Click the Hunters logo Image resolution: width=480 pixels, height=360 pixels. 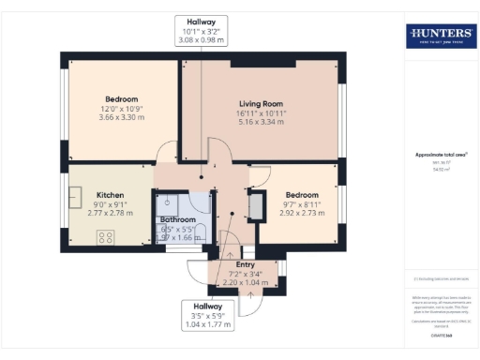click(440, 37)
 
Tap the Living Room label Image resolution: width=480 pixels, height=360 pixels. click(260, 103)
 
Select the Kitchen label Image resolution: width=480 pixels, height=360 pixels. click(110, 196)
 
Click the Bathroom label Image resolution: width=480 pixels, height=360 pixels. click(177, 219)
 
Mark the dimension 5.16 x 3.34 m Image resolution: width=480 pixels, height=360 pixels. click(260, 123)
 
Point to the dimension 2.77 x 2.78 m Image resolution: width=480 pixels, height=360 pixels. click(110, 215)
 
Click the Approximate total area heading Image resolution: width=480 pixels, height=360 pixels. click(440, 155)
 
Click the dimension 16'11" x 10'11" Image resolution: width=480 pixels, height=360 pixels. click(260, 113)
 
